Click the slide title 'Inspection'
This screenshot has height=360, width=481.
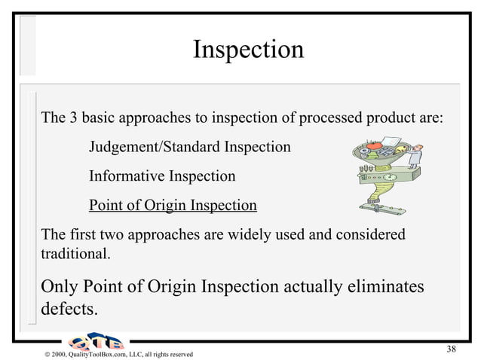point(248,50)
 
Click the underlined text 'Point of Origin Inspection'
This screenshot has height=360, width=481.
point(173,206)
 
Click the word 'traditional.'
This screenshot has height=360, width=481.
point(75,254)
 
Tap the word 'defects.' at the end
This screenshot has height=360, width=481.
point(69,310)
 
